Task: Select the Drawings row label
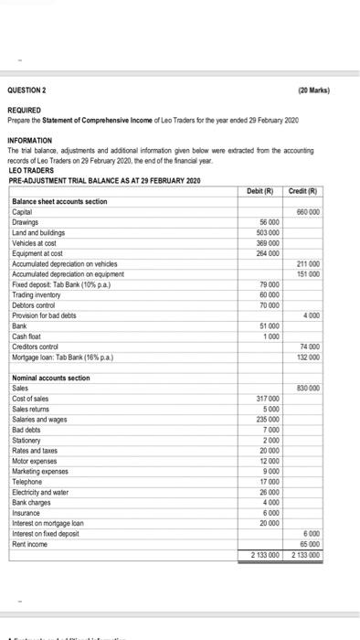[x=28, y=222]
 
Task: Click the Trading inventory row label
[x=39, y=293]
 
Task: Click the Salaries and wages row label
[x=42, y=418]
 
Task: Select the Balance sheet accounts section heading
[x=60, y=201]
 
